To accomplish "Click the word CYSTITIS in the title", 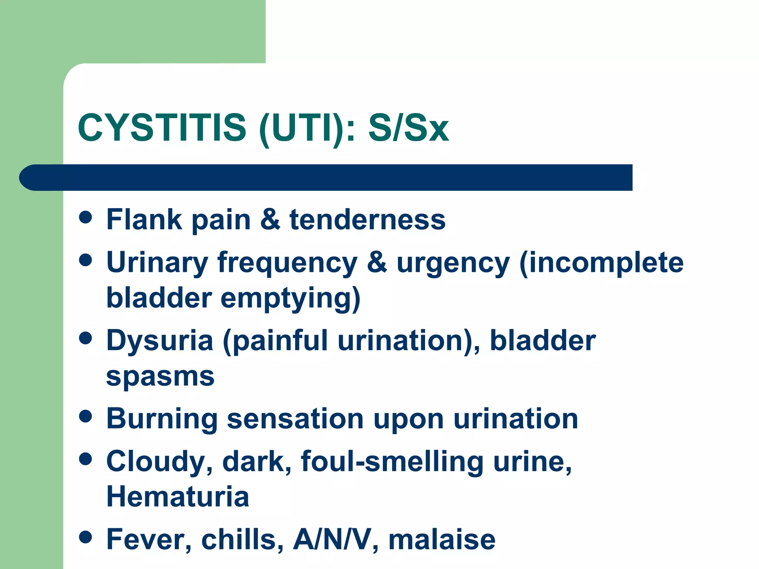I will coord(162,127).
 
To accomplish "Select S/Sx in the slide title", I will coord(408,127).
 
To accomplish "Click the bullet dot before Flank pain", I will coord(86,217).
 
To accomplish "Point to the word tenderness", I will coord(367,220).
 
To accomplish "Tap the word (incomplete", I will coord(601,263).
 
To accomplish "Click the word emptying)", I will coord(290,299).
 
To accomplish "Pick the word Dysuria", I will coord(160,340).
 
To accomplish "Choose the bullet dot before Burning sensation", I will coord(86,416).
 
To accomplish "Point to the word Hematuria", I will coord(178,497).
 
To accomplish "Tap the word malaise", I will coord(442,540).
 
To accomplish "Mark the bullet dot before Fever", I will coord(86,537).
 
